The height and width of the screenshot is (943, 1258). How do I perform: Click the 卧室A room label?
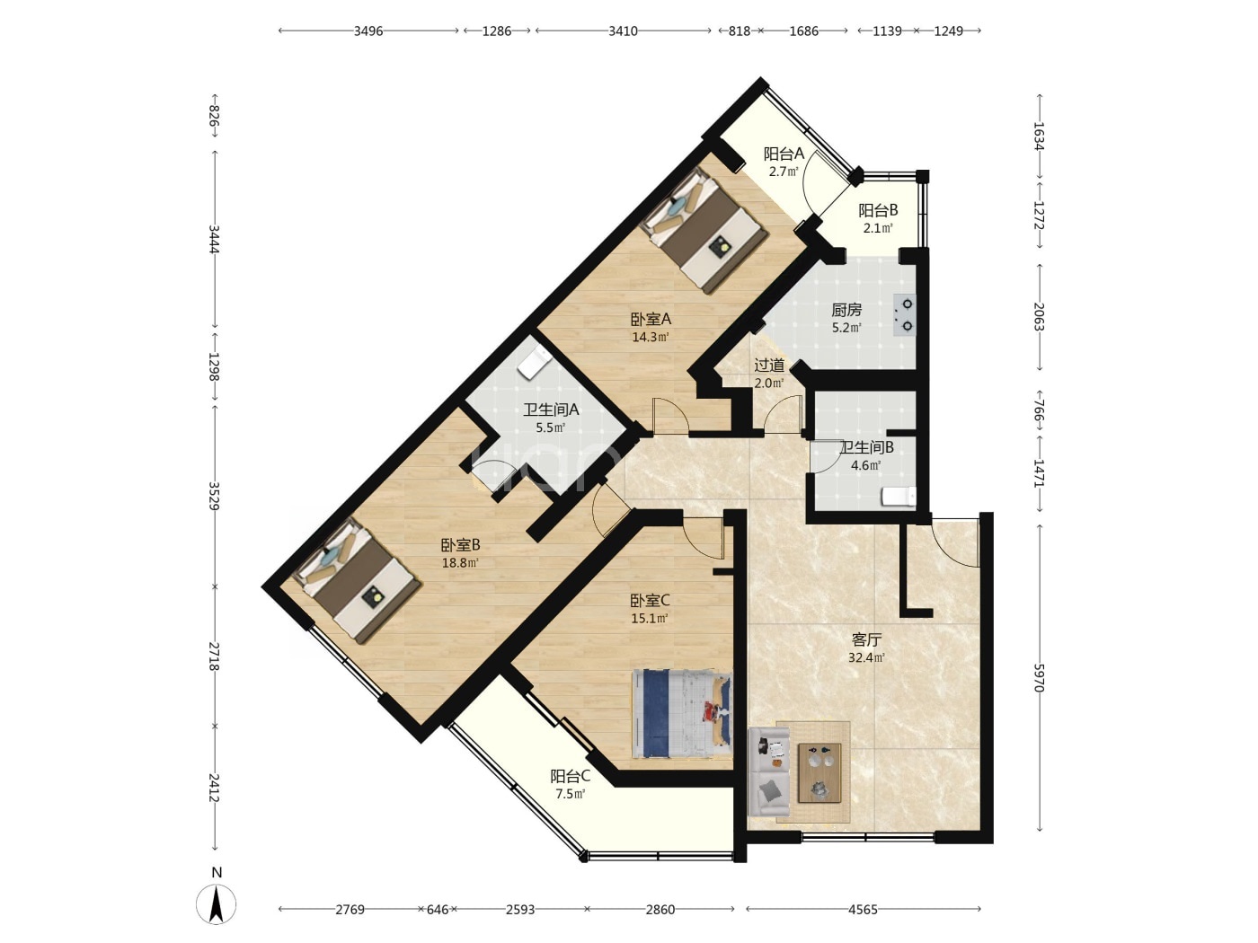[x=651, y=319]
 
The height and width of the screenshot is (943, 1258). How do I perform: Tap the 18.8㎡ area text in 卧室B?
[x=460, y=563]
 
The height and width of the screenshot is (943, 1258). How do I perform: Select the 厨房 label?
[x=846, y=310]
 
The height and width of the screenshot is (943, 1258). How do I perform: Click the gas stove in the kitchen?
[x=904, y=314]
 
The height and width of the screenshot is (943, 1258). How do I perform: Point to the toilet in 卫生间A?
[x=534, y=362]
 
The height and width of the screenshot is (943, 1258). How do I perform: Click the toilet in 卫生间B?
[x=898, y=497]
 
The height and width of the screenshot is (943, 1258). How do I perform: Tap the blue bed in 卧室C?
[x=682, y=713]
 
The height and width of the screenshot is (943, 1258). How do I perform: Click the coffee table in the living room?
[x=819, y=773]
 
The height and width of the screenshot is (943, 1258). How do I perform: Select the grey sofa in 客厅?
[x=769, y=771]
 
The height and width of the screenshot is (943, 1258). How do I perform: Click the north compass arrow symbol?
[x=216, y=904]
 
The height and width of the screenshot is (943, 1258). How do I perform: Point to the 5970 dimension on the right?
[x=1039, y=677]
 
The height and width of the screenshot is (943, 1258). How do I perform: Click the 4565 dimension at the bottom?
[x=863, y=909]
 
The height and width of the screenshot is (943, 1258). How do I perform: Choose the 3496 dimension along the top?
[x=368, y=31]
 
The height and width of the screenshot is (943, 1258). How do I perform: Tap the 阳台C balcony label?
[x=571, y=776]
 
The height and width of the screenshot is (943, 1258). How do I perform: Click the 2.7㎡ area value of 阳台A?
[x=784, y=172]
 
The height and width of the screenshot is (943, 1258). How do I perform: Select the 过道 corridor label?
[x=769, y=365]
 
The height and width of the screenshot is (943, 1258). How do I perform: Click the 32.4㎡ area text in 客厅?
[x=866, y=657]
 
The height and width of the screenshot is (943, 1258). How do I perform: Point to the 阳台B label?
[x=878, y=211]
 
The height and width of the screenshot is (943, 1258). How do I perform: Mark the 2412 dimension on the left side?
[x=214, y=789]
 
